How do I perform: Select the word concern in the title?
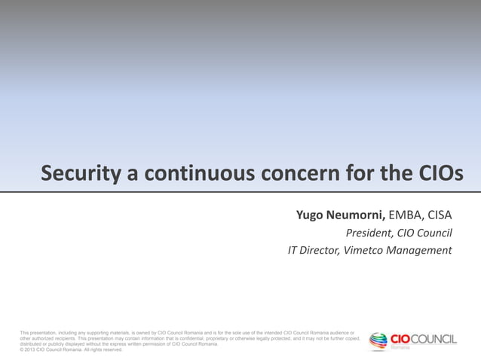tap(299, 174)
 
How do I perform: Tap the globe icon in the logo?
tap(378, 341)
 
